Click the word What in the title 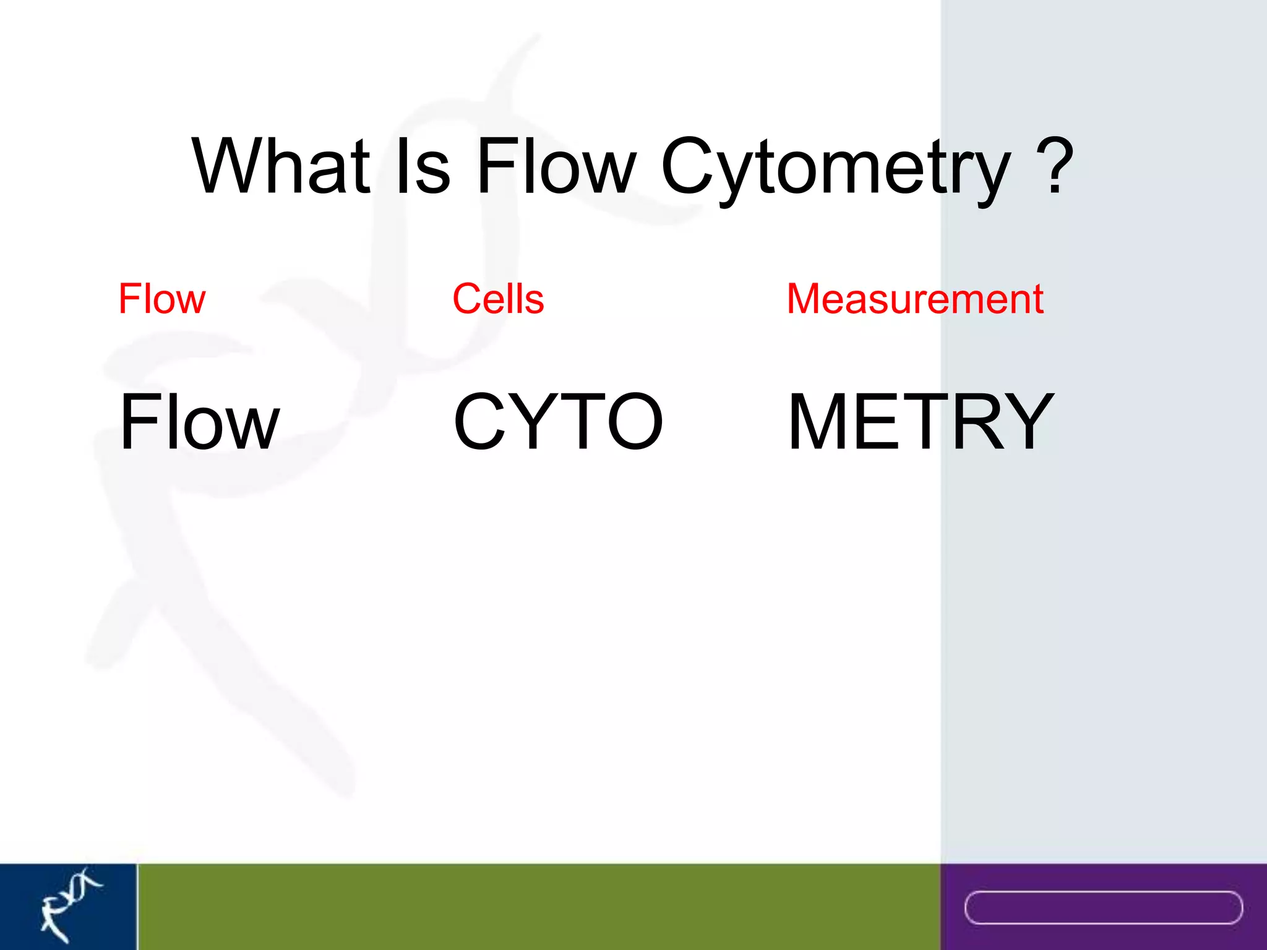point(281,166)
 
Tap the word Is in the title point(423,166)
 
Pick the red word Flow point(161,299)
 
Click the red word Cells point(498,299)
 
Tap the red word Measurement point(915,299)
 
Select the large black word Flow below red point(199,422)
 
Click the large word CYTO point(558,422)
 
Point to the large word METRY point(921,422)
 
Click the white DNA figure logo point(69,904)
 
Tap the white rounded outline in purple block point(1103,907)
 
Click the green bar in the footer point(538,907)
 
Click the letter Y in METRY point(1021,422)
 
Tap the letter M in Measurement point(809,299)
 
